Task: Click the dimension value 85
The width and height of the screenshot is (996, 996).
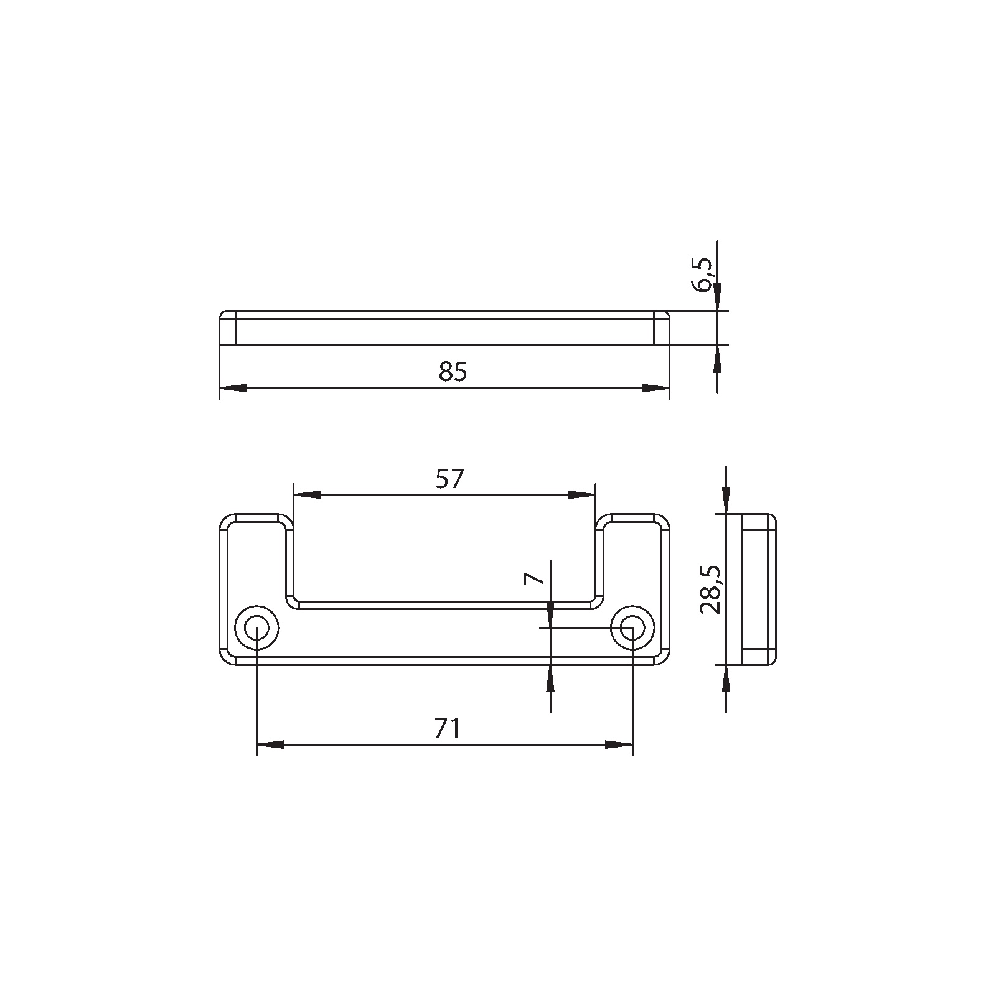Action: click(453, 372)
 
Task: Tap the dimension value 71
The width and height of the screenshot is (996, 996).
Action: click(448, 728)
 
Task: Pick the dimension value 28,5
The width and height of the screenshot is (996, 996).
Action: click(710, 590)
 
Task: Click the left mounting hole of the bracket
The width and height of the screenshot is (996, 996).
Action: click(256, 628)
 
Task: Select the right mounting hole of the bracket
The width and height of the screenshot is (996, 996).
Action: click(632, 628)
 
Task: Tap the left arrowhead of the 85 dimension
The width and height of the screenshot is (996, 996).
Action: click(233, 388)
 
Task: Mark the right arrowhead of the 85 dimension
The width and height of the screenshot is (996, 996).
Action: click(655, 388)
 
